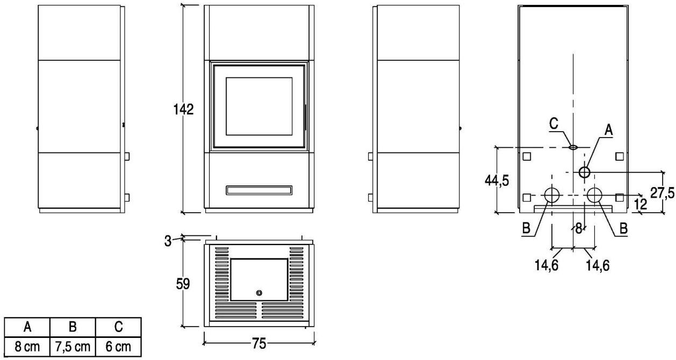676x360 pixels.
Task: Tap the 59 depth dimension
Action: [x=183, y=284]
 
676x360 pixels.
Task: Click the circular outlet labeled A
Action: [x=584, y=172]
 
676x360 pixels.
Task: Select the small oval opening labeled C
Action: [x=573, y=146]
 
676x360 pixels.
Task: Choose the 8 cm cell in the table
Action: [x=27, y=347]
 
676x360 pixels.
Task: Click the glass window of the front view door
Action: [x=258, y=106]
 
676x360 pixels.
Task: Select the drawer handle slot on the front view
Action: [x=259, y=190]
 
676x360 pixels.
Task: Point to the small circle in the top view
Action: [x=259, y=293]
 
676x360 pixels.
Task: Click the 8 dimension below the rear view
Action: [x=579, y=228]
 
